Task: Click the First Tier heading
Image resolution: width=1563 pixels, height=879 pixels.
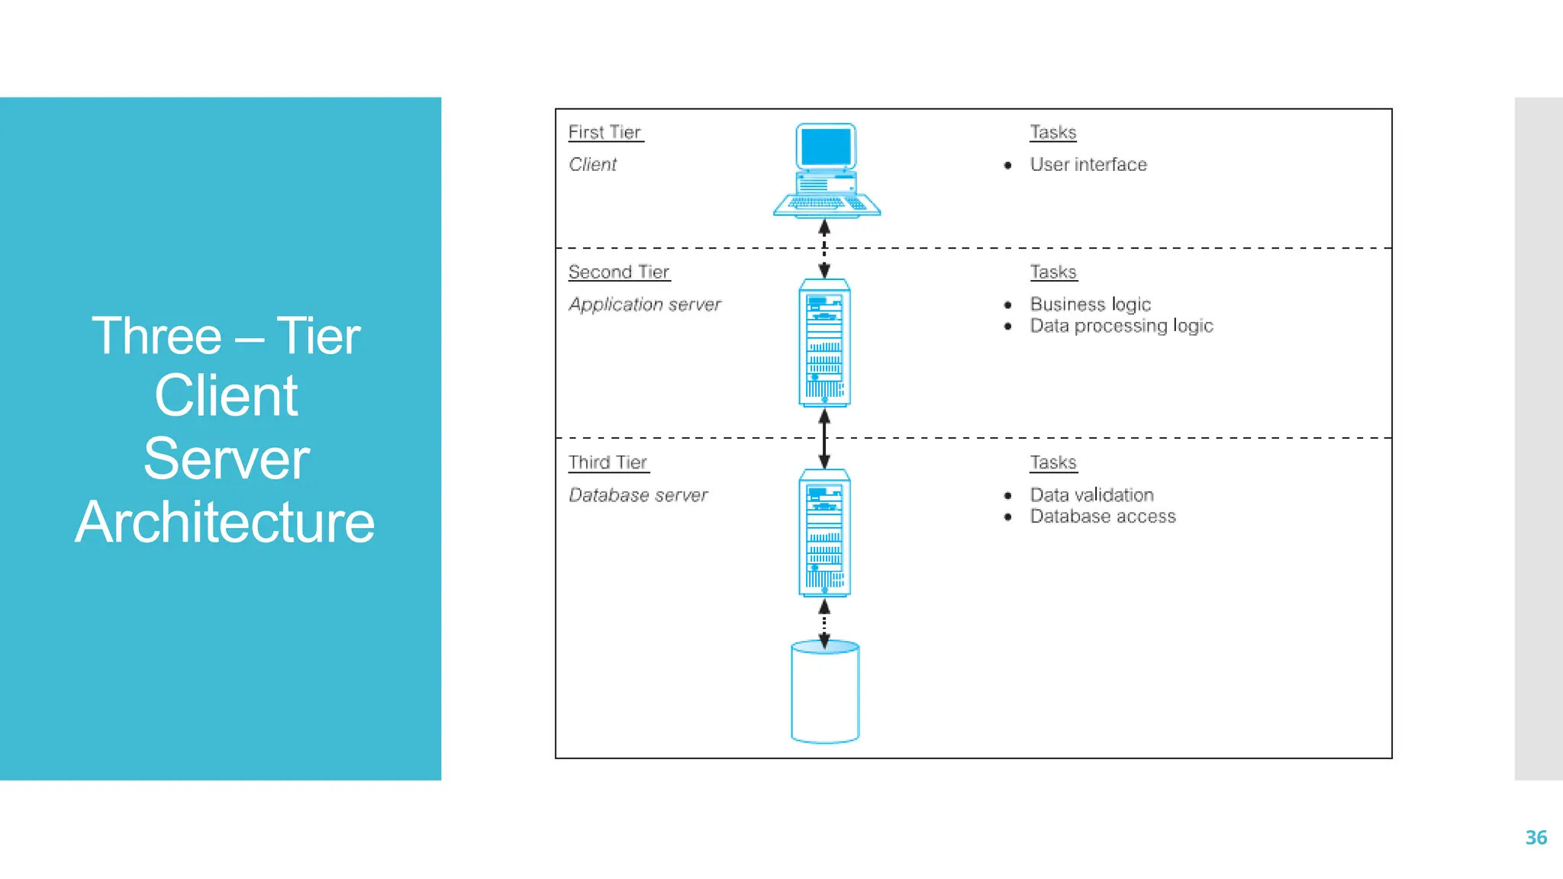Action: [604, 133]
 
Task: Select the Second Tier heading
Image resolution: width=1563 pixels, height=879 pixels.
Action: [618, 272]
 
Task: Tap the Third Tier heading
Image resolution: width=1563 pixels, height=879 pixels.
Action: [607, 462]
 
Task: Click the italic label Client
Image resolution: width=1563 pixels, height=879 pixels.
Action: [592, 165]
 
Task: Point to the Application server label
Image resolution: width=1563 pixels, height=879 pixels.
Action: [644, 304]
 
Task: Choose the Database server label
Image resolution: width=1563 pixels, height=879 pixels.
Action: [638, 495]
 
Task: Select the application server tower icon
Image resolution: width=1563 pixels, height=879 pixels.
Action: [824, 343]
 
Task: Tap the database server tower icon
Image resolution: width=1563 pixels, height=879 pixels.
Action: [824, 533]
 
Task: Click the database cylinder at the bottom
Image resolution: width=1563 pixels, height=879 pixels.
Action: [825, 693]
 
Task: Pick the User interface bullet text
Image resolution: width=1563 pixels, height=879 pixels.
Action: [1088, 165]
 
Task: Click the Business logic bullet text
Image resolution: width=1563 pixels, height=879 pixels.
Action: [1090, 304]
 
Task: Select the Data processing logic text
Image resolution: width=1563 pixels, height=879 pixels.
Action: [1121, 326]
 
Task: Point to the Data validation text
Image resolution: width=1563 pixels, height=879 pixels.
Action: [1091, 495]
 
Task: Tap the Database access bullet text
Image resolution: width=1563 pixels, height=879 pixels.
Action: [1103, 517]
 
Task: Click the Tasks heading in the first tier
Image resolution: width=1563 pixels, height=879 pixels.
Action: [1053, 133]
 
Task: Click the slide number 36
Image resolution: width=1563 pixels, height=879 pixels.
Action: [1536, 838]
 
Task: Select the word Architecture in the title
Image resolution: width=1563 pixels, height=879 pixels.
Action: [225, 523]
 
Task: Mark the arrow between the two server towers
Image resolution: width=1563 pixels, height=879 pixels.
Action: [824, 439]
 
